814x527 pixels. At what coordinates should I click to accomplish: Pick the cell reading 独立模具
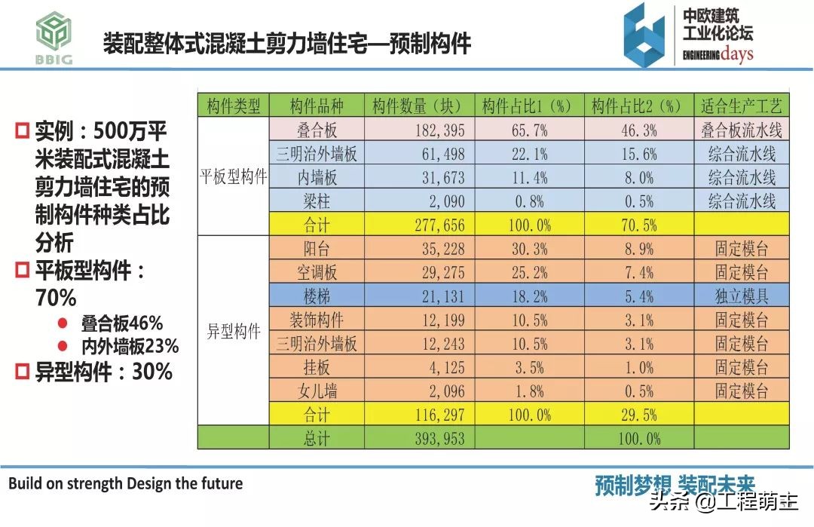[741, 296]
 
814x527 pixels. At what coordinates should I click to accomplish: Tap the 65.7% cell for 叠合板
[529, 130]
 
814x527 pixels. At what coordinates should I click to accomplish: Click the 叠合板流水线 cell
[741, 130]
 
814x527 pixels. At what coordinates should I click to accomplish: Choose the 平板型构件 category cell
[234, 177]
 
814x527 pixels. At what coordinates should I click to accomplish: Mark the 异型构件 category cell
[234, 332]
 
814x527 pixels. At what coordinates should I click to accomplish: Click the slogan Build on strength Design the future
[126, 483]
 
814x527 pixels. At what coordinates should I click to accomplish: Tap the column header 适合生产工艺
[741, 106]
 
